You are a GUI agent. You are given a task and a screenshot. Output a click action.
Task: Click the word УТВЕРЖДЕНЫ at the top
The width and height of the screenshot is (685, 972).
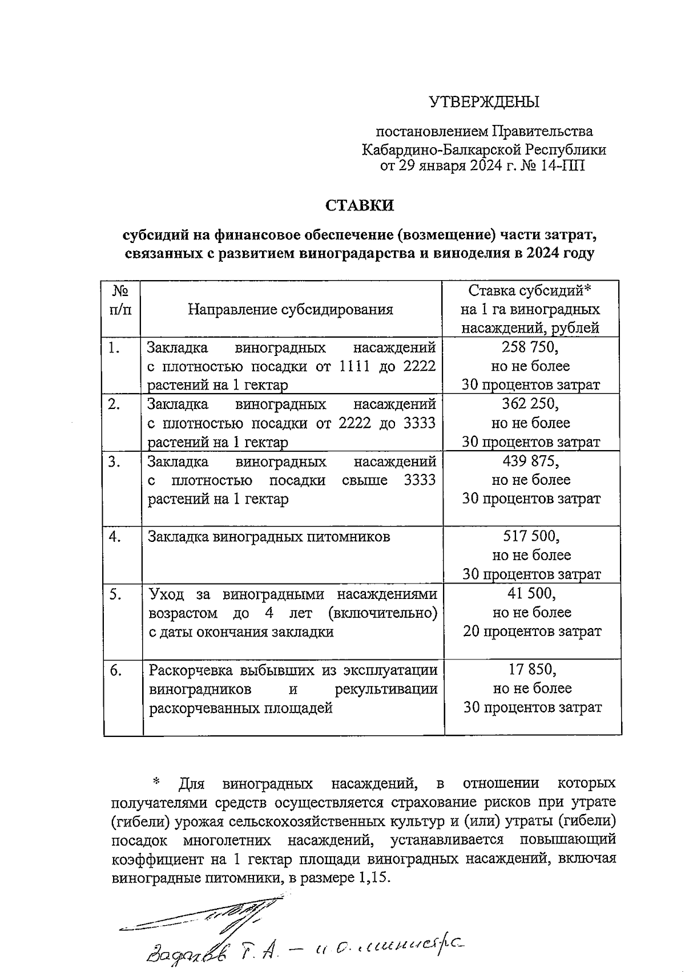(484, 102)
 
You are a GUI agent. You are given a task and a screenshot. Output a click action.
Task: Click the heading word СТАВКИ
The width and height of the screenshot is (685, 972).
(360, 205)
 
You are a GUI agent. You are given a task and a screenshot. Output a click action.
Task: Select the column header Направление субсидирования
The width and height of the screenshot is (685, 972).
(291, 310)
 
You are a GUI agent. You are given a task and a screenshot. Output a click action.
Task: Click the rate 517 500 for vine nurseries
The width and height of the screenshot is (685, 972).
(530, 536)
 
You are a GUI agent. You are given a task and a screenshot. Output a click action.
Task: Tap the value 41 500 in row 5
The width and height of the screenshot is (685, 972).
(531, 593)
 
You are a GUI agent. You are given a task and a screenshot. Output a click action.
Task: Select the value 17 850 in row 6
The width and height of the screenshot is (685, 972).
(531, 669)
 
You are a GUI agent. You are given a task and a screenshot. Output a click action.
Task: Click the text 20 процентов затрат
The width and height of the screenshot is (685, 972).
(532, 631)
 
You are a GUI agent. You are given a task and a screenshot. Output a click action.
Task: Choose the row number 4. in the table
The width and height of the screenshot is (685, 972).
(116, 537)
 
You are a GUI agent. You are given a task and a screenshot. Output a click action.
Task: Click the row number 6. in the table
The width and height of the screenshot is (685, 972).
(116, 670)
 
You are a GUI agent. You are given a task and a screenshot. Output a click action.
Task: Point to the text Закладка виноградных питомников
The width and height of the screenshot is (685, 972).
(269, 537)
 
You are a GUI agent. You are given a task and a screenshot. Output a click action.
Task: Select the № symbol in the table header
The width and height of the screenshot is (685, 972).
(119, 291)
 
